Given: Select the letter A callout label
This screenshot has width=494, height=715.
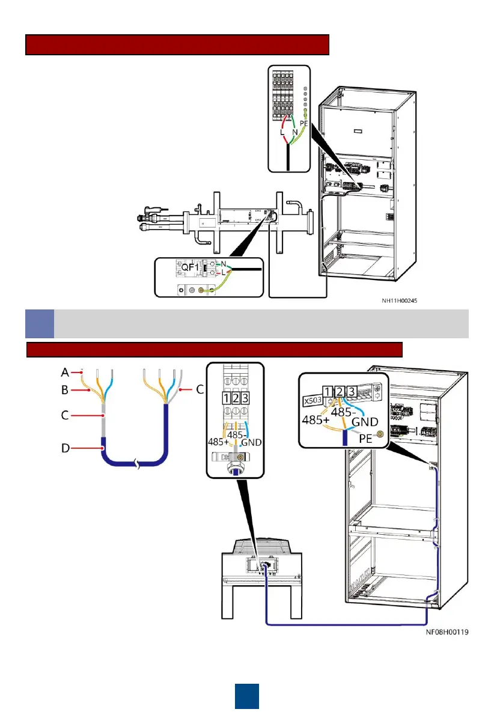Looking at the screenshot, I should click(x=64, y=371).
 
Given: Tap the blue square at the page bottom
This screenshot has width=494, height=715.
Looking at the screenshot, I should click(x=246, y=695).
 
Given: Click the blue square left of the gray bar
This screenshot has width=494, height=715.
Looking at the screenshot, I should click(x=39, y=323).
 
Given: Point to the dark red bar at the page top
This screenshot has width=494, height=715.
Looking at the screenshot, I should click(x=177, y=44).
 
